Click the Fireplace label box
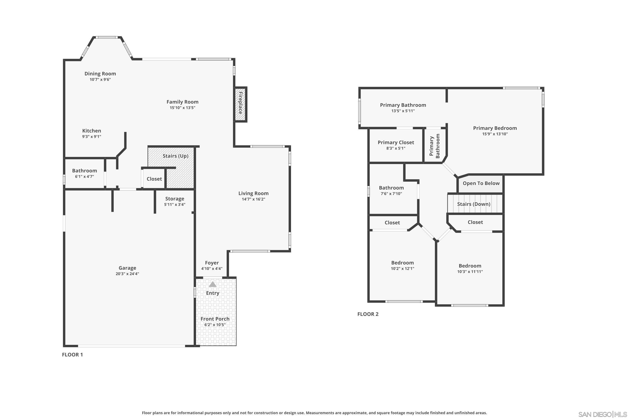pos(240,104)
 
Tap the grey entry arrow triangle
pos(213,284)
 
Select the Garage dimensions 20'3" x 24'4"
pos(127,274)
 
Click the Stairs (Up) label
pos(175,156)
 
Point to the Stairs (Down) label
pos(474,204)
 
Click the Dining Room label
pos(100,74)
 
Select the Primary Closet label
pos(396,142)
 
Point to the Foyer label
pos(212,263)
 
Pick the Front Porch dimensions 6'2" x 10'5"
pos(215,325)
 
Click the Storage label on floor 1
pos(175,199)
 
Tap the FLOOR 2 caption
pos(368,314)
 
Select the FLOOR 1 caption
pos(73,355)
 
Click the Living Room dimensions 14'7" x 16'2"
pos(253,199)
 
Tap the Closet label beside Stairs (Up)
pos(154,179)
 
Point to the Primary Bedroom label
pos(495,128)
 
